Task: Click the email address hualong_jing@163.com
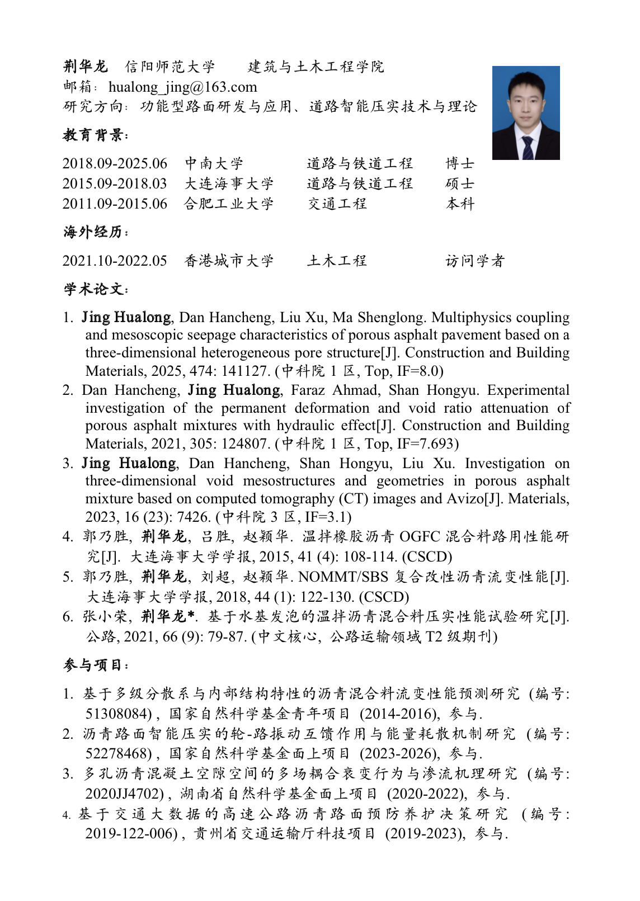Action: tap(182, 87)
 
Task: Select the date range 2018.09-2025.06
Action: tap(115, 163)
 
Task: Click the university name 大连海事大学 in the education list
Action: tap(229, 183)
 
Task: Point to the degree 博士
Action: tap(460, 163)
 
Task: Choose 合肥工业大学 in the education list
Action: tap(229, 204)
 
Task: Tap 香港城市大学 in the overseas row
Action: tap(229, 261)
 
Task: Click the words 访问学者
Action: tap(475, 261)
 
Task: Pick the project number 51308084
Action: tap(118, 714)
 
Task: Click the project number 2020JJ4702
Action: tap(124, 794)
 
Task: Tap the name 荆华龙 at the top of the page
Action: tap(85, 67)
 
